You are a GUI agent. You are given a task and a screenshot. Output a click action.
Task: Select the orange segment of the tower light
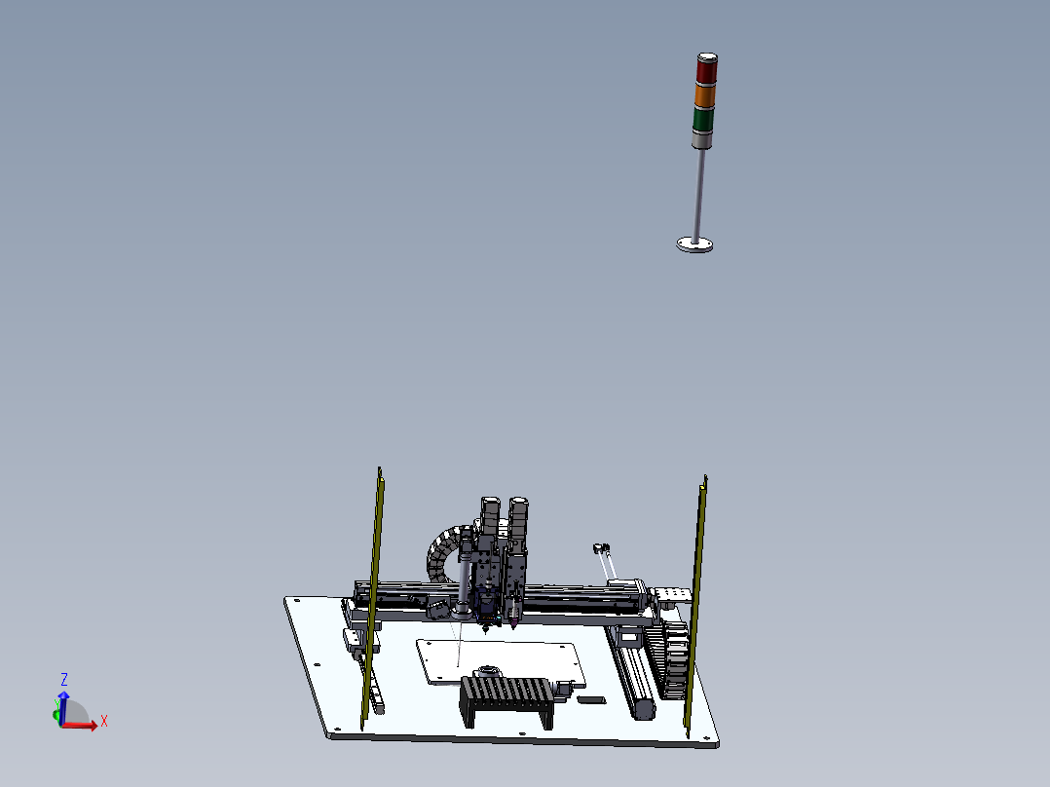coord(704,95)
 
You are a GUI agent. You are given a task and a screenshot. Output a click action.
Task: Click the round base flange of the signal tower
coord(694,244)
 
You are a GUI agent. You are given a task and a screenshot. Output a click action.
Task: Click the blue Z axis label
coord(64,679)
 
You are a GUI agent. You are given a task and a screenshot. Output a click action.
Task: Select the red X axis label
coord(103,721)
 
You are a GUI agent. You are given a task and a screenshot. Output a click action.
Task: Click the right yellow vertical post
coord(697,604)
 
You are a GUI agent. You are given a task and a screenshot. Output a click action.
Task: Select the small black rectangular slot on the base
coord(590,698)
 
